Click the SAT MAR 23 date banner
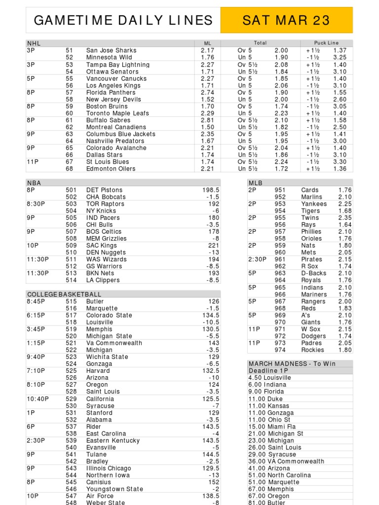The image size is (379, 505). (x=286, y=20)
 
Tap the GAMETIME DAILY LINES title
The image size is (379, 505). (x=123, y=20)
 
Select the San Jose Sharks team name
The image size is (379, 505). (x=111, y=50)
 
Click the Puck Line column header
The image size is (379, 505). (x=326, y=43)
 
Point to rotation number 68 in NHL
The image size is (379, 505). (x=69, y=169)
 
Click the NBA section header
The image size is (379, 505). (x=34, y=183)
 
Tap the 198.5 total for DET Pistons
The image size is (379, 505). (x=211, y=190)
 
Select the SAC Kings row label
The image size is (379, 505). (x=101, y=245)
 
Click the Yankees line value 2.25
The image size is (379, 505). (x=345, y=204)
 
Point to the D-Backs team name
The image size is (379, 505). (x=312, y=273)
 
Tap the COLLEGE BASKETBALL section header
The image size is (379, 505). (x=64, y=294)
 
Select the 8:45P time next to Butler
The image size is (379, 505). (x=37, y=301)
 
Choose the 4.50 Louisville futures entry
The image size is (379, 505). (x=270, y=377)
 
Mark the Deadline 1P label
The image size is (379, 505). (x=268, y=370)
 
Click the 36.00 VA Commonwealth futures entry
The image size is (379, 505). (x=286, y=461)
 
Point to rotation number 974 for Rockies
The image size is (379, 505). (x=280, y=350)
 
